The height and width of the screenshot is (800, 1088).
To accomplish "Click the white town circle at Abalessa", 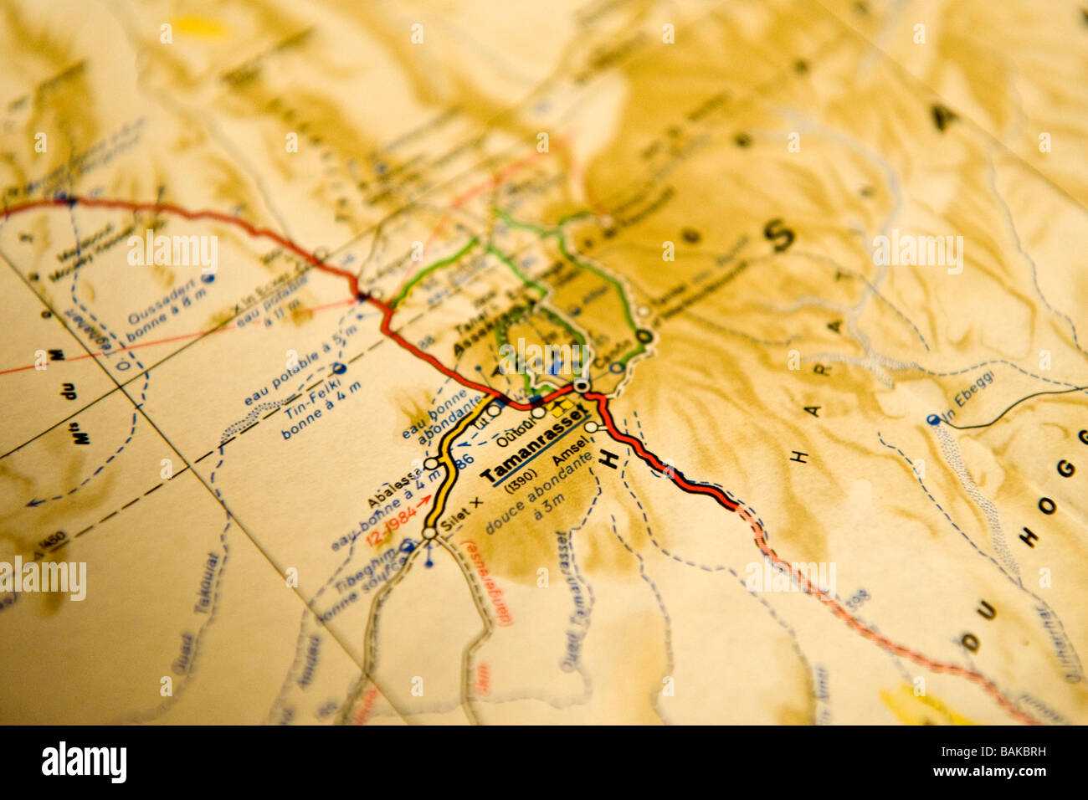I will point(431,463).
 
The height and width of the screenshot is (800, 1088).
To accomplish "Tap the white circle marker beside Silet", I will point(429,533).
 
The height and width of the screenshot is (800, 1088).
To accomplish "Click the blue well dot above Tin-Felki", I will point(339,368).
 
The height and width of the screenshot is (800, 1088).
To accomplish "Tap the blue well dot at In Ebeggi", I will point(932,419).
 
